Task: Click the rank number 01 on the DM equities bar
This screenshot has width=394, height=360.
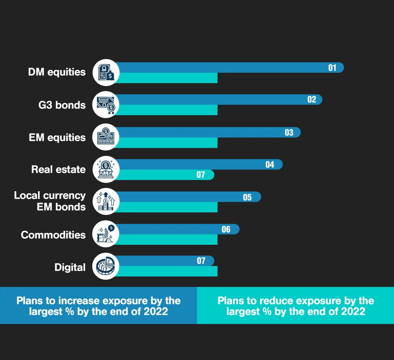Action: click(x=332, y=68)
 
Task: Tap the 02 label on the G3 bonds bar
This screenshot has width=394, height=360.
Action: click(x=312, y=100)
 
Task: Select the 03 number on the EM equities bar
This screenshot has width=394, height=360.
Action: click(x=289, y=132)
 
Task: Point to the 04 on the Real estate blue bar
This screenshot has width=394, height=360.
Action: click(x=270, y=165)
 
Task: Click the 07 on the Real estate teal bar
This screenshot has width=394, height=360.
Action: click(x=201, y=175)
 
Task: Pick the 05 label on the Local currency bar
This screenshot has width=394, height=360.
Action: click(x=247, y=197)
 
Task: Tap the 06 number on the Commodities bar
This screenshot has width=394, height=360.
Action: click(x=226, y=229)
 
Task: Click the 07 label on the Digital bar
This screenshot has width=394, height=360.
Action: click(x=201, y=261)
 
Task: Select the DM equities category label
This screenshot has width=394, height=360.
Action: click(x=57, y=72)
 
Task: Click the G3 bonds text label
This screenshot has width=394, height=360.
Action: click(x=62, y=105)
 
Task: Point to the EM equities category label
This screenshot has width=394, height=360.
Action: click(x=57, y=138)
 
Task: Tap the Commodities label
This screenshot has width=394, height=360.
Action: click(x=53, y=235)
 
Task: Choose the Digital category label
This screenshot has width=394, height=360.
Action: click(x=70, y=267)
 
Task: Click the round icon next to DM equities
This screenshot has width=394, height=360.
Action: click(x=106, y=72)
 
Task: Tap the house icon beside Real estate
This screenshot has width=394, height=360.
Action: click(x=106, y=170)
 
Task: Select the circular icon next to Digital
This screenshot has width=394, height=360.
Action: click(x=106, y=266)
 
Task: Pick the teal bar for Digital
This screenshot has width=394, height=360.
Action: click(x=166, y=271)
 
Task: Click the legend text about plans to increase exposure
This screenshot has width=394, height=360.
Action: click(x=98, y=306)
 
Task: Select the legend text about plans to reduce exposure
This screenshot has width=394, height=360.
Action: click(x=296, y=306)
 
